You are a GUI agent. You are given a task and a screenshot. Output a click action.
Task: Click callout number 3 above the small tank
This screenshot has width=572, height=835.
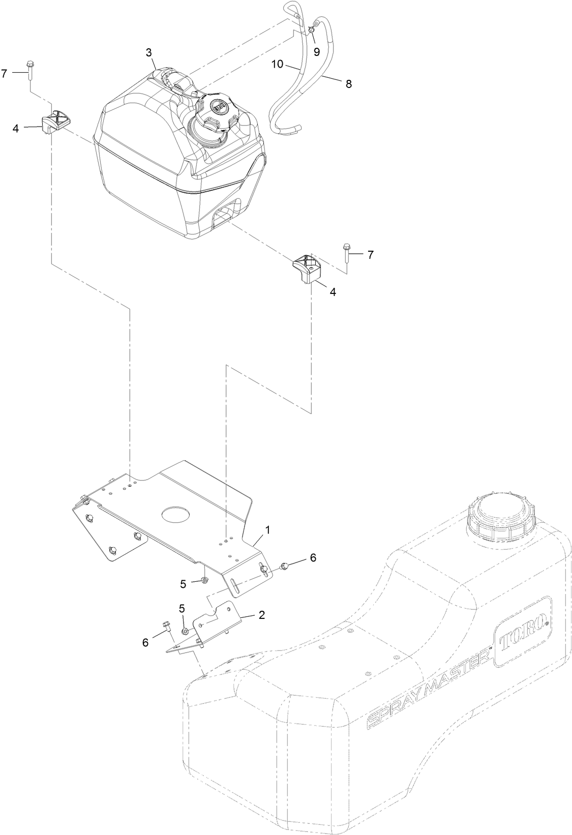click(x=148, y=52)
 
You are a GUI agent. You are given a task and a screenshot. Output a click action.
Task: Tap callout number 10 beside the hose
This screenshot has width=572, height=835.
click(x=277, y=64)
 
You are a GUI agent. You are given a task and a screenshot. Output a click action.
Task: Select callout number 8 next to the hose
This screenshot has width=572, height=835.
click(x=348, y=84)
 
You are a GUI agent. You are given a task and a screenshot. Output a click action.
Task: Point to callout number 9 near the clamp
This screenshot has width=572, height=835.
click(x=316, y=51)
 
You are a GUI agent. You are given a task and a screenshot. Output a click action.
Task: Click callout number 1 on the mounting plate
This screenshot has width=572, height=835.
click(x=267, y=529)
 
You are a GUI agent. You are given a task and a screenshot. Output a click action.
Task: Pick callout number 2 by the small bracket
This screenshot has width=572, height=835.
click(x=261, y=614)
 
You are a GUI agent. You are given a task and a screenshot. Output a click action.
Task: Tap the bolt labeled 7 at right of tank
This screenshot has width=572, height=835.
click(x=347, y=253)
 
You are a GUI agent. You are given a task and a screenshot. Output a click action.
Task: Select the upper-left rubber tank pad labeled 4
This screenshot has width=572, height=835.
click(x=55, y=121)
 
